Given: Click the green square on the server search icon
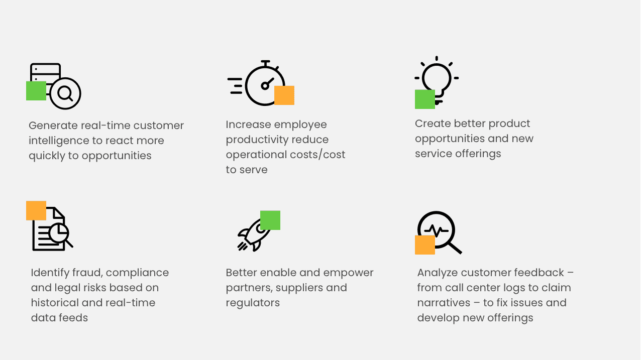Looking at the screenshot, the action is (x=36, y=91).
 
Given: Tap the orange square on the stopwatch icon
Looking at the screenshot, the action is (x=284, y=95).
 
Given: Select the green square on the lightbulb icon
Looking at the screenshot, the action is (x=425, y=99).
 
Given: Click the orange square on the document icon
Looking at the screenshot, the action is (x=36, y=210).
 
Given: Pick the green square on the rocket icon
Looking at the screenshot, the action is (x=270, y=220).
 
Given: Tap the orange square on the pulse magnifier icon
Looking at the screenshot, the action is (x=425, y=245).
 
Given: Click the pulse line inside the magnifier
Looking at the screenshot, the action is (x=436, y=230).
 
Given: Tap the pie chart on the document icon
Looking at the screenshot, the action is (x=59, y=232).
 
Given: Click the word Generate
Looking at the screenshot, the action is (x=53, y=126).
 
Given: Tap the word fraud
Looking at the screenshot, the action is (x=85, y=272).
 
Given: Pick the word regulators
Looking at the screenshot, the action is (x=253, y=303).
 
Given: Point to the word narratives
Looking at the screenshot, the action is (x=444, y=303).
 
